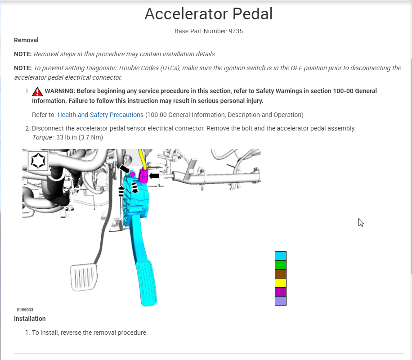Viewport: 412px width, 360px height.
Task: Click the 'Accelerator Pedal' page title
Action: tap(208, 14)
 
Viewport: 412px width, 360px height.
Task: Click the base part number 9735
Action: tap(237, 31)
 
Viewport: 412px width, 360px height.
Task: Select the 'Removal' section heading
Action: tap(26, 40)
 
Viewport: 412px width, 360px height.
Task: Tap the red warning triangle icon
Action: tap(37, 91)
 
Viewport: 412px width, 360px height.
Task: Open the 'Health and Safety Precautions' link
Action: tap(100, 115)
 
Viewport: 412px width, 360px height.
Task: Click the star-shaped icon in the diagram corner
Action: tap(38, 161)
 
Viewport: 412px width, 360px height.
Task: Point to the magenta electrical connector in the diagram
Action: tap(143, 175)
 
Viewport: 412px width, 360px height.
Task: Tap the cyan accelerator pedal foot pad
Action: tap(147, 283)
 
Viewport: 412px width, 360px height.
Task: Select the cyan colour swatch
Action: tap(281, 256)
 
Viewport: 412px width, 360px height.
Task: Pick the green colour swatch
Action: tap(281, 265)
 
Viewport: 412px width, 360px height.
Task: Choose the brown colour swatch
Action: tap(281, 274)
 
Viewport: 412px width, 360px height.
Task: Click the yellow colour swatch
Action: tap(281, 283)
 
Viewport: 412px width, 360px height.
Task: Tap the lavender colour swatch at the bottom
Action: tap(281, 301)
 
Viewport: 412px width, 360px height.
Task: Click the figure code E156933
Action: tap(25, 310)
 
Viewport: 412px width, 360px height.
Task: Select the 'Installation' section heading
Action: tap(30, 319)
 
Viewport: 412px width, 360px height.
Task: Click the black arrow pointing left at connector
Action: tap(154, 175)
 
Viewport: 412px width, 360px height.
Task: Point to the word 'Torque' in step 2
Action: tap(42, 137)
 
